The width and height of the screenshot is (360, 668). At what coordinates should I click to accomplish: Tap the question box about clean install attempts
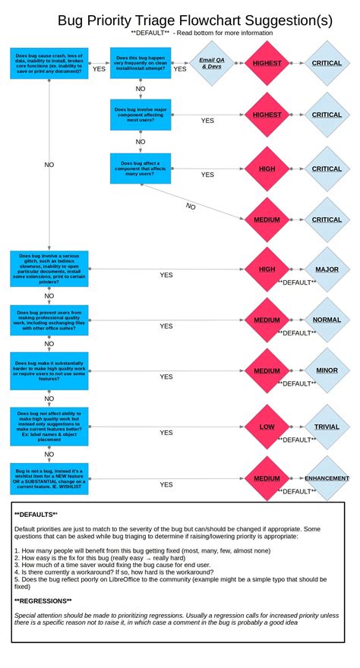point(140,63)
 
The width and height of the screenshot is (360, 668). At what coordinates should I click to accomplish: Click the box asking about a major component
point(140,115)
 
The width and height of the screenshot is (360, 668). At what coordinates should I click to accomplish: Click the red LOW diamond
point(267,427)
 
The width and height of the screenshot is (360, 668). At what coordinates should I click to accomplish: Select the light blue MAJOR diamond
point(327,269)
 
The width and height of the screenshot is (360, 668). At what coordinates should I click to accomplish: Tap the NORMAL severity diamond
point(327,320)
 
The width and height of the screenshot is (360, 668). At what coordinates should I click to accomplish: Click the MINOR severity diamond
point(327,371)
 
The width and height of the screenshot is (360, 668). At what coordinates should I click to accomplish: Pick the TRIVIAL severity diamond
point(327,427)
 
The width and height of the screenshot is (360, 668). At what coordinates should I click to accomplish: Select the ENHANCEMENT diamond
point(327,478)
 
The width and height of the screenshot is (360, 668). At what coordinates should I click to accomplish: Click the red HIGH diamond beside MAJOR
point(267,269)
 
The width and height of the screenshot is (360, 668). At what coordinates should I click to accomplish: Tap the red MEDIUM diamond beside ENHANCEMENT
point(267,478)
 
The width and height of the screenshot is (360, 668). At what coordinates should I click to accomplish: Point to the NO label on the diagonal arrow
point(191,206)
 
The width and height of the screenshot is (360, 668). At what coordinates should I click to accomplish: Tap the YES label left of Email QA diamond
point(179,69)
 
